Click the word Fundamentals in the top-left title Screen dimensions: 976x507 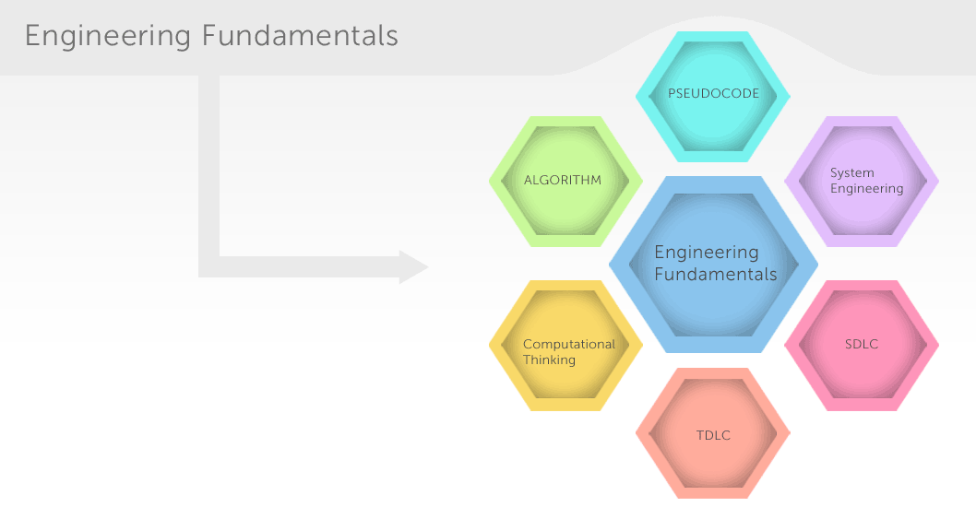[300, 35]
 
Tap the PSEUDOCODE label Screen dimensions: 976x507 [713, 94]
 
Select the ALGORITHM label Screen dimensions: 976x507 [563, 181]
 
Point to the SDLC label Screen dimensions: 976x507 [862, 344]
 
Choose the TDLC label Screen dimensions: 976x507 [713, 435]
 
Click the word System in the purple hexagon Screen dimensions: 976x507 [852, 173]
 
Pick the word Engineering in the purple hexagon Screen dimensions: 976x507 [866, 188]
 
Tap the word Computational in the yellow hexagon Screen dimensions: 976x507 [569, 345]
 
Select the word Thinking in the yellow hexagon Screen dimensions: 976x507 [549, 360]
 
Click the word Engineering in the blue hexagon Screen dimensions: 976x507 [707, 253]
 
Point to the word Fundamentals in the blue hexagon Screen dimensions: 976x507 [716, 275]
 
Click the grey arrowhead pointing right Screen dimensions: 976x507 [414, 267]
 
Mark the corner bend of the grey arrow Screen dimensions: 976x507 [209, 267]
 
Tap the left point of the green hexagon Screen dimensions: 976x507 [489, 182]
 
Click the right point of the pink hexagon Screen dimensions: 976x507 [939, 346]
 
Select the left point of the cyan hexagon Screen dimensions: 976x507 [637, 97]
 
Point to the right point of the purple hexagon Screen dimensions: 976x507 [939, 182]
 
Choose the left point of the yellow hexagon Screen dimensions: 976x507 [489, 346]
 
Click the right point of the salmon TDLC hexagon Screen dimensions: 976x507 [790, 433]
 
